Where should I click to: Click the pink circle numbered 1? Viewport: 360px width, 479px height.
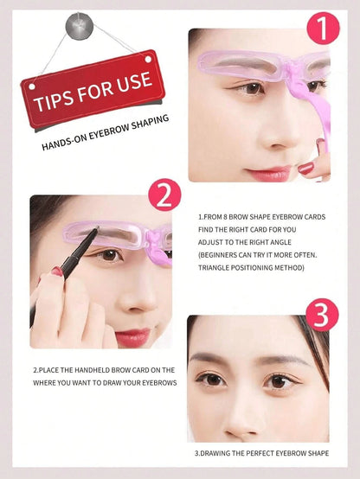pyautogui.click(x=323, y=28)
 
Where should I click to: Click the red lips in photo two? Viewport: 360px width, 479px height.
pyautogui.click(x=132, y=337)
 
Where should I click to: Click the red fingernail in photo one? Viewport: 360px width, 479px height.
pyautogui.click(x=305, y=168)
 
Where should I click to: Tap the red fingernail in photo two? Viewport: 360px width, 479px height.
pyautogui.click(x=56, y=271)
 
